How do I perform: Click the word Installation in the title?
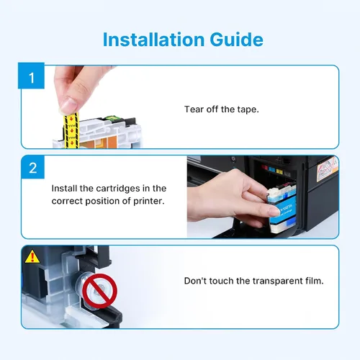click(x=153, y=40)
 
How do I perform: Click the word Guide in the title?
click(x=237, y=40)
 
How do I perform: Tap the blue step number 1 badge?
click(x=31, y=76)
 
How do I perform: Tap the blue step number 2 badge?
click(x=33, y=167)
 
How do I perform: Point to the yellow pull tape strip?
click(x=71, y=130)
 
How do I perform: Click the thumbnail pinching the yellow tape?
click(x=68, y=105)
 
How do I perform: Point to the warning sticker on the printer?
click(x=328, y=168)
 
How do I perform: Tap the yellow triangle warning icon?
click(x=32, y=256)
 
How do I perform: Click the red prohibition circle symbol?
click(x=99, y=291)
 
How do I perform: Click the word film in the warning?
click(x=315, y=280)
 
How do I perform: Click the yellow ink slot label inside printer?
click(x=279, y=171)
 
